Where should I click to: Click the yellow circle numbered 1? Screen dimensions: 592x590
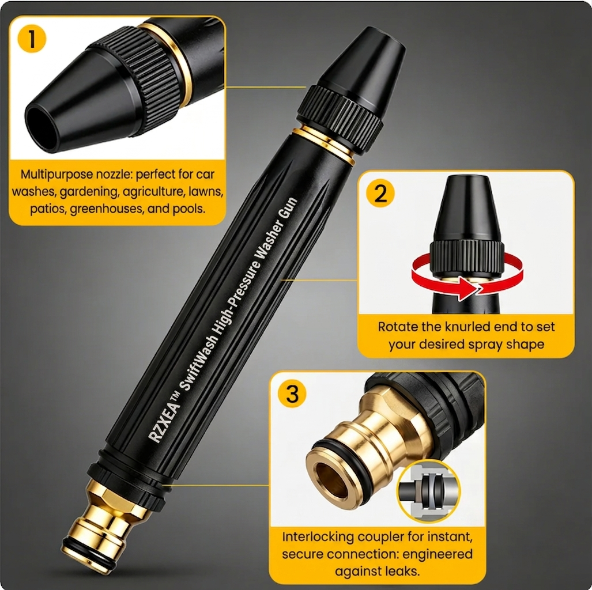tap(32, 39)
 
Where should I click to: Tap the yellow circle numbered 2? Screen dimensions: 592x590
tap(380, 193)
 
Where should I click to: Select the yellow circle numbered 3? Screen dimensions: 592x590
tap(292, 394)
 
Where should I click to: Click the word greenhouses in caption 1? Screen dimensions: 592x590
tap(107, 209)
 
